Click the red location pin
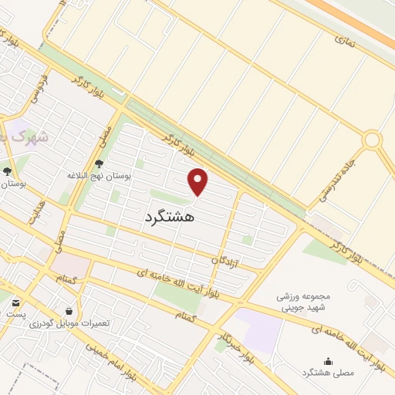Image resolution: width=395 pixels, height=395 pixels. [198, 181]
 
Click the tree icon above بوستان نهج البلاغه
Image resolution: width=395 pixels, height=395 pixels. [99, 163]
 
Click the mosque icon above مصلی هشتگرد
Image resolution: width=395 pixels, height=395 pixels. [328, 361]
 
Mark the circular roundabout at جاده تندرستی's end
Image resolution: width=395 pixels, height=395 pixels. [373, 140]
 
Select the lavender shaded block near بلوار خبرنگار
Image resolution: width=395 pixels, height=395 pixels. [259, 328]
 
